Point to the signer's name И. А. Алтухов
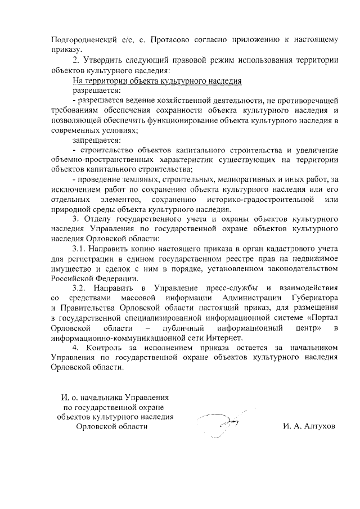(309, 426)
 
